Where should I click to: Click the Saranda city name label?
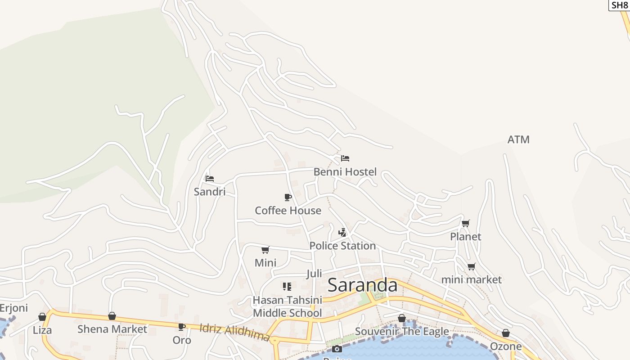363,285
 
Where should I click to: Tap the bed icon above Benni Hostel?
345,158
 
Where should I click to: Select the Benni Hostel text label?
345,172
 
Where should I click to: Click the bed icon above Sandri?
210,179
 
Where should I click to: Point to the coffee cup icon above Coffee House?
288,197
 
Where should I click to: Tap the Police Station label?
342,246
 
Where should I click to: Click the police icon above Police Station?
342,233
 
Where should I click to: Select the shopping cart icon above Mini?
265,250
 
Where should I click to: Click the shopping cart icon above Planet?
466,223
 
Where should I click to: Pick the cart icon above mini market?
471,266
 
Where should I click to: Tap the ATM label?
518,140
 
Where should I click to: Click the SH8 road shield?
619,5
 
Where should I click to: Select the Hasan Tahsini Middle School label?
287,306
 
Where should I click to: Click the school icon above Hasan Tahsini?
287,286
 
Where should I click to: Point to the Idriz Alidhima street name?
234,333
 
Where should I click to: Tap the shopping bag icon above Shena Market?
112,316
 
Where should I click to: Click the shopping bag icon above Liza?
42,317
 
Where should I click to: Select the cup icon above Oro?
182,327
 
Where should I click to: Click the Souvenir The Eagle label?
402,332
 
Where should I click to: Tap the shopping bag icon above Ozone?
506,333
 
